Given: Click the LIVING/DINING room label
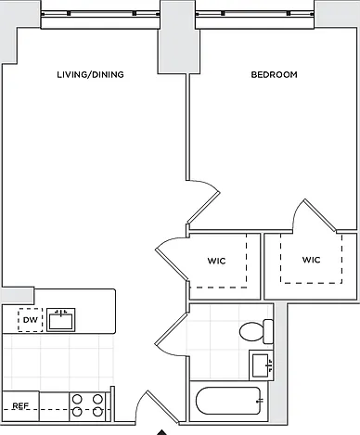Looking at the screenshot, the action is click(90, 74).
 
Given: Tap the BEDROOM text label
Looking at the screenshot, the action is click(274, 74).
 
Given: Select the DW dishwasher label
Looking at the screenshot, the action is click(31, 320).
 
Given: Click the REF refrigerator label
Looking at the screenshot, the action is click(20, 405).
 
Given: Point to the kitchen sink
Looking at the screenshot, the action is click(61, 320).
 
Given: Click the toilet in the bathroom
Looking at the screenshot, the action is click(256, 332).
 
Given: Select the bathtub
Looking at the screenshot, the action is click(228, 401).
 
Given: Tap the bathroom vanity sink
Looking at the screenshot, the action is click(262, 365).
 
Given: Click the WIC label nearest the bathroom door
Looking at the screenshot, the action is click(216, 261).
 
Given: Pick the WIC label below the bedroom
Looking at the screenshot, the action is click(311, 260).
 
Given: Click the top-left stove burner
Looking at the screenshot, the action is click(77, 400).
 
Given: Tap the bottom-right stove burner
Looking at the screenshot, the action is click(97, 412).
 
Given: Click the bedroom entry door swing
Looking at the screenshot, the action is click(204, 201).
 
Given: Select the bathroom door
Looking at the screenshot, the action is click(171, 335).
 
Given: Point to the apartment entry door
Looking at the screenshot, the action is click(158, 406).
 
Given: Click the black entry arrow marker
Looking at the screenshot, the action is click(161, 432).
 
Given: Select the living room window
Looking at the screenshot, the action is click(100, 14).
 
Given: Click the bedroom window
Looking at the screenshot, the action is click(255, 14).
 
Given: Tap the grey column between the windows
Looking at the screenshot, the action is click(178, 37).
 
